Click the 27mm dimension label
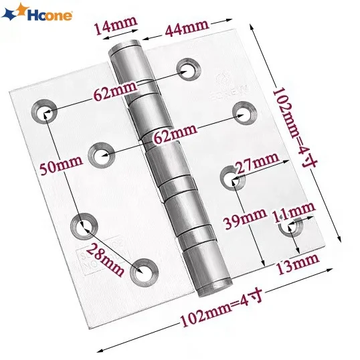coord(257,163)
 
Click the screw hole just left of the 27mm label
coord(228,177)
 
